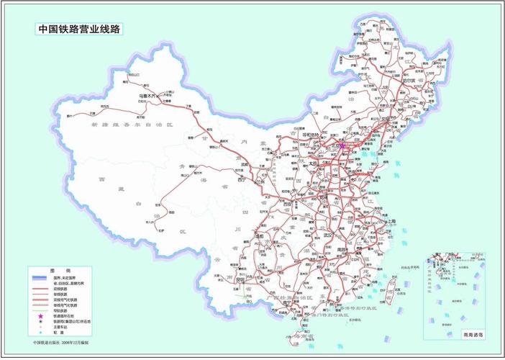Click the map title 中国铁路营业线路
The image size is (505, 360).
click(x=79, y=30)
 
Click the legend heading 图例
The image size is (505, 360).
click(x=55, y=269)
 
